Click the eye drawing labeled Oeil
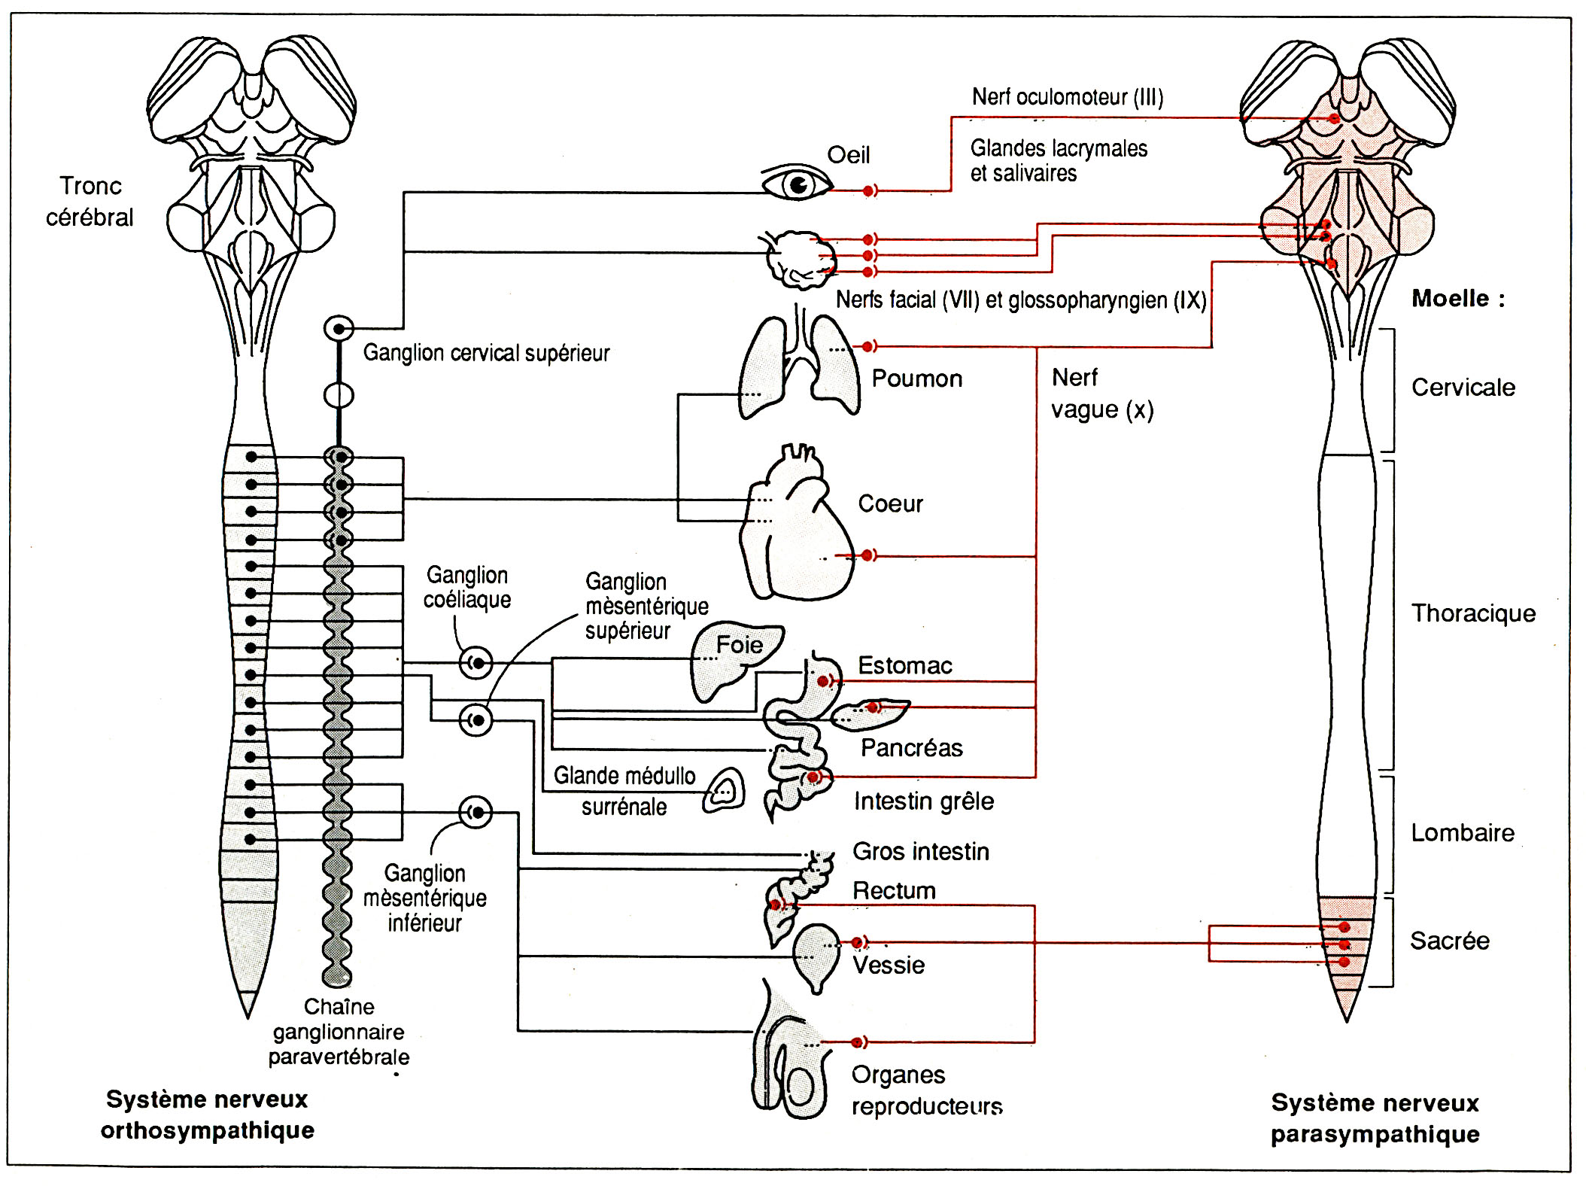(796, 184)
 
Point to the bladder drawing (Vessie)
(816, 956)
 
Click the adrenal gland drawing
(724, 790)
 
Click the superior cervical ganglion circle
(339, 329)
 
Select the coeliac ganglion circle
(476, 663)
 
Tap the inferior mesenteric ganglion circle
(476, 812)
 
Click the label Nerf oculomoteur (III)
(1067, 97)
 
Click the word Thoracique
(1472, 613)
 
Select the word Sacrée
(1449, 941)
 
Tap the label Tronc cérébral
(90, 202)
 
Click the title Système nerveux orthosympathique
(207, 1115)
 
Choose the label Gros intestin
(920, 851)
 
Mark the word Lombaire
(1462, 833)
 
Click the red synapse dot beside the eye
(868, 191)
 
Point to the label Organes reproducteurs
(926, 1090)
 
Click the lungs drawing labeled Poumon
(799, 369)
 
